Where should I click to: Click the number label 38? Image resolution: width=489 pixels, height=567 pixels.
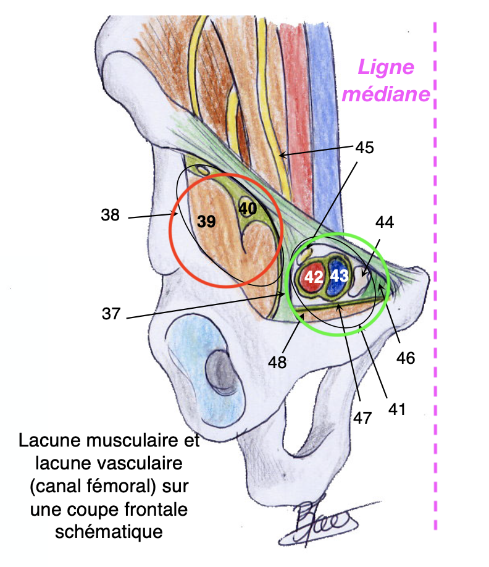coord(112,216)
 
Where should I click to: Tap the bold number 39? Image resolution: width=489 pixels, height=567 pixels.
coord(206,222)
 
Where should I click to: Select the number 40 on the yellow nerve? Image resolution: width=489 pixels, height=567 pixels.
coord(248,208)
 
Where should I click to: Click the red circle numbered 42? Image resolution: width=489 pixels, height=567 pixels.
coord(313,277)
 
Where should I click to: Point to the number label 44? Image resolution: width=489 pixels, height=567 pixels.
coord(384,222)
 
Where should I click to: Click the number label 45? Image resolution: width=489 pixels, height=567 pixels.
coord(364,148)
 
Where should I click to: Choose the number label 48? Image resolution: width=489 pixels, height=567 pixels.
coord(277,362)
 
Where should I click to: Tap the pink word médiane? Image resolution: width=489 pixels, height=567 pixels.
coord(386,94)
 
